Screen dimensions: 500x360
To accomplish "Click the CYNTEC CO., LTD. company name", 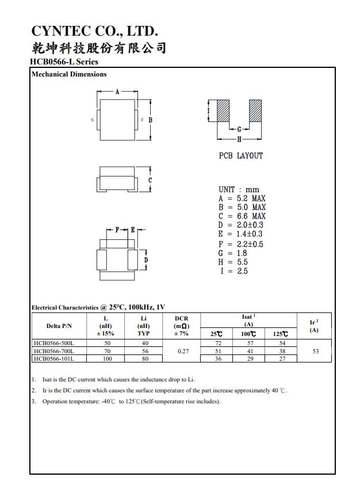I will coord(94,30).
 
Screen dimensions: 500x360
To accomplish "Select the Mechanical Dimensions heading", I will coord(69,74).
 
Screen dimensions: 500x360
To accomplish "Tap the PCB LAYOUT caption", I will coord(240,156).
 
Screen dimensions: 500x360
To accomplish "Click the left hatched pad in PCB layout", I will coord(222,110).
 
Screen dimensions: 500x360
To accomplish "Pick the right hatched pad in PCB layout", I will coord(255,110).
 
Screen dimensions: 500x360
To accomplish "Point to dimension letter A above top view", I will coord(117,92).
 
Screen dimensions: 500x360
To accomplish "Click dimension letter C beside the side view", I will coord(150,180).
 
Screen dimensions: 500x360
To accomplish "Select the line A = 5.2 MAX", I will coord(242,199).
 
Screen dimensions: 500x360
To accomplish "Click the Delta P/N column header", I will coord(59,326).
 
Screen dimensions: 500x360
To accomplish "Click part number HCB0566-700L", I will coord(58,351).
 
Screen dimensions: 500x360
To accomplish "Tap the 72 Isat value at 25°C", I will coord(218,343).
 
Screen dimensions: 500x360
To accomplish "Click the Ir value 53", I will coord(315,351).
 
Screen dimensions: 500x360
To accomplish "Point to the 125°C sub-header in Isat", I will coord(281,334).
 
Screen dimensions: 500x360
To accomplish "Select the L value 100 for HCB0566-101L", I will coord(108,358).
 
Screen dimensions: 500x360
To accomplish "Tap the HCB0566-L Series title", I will coord(64,62).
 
